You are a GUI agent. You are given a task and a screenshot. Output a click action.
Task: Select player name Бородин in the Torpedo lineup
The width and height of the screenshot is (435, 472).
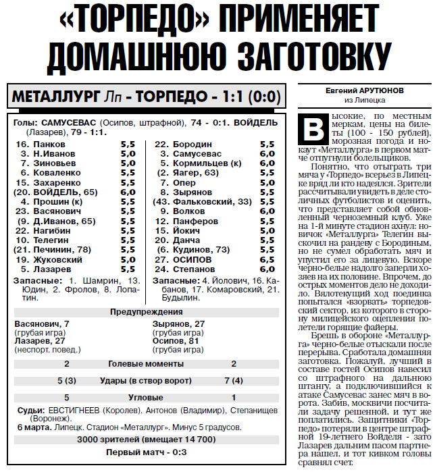(193, 145)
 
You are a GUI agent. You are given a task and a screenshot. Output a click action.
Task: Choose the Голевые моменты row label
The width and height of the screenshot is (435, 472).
(147, 364)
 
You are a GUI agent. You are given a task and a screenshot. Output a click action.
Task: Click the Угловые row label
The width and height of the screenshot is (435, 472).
(147, 398)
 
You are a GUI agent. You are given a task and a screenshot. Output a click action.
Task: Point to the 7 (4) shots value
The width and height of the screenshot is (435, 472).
(233, 381)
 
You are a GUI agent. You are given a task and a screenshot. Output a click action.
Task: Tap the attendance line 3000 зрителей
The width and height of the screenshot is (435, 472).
(147, 440)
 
